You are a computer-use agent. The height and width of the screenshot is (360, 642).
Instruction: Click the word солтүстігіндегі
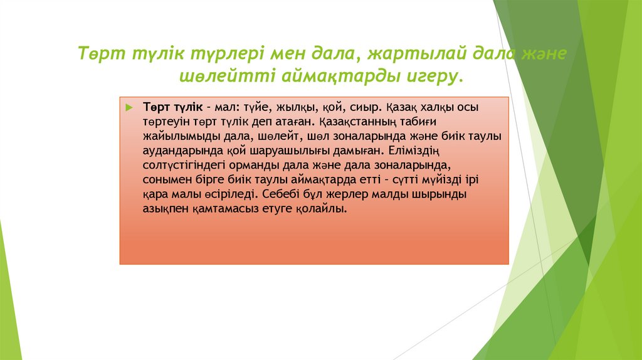181,165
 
